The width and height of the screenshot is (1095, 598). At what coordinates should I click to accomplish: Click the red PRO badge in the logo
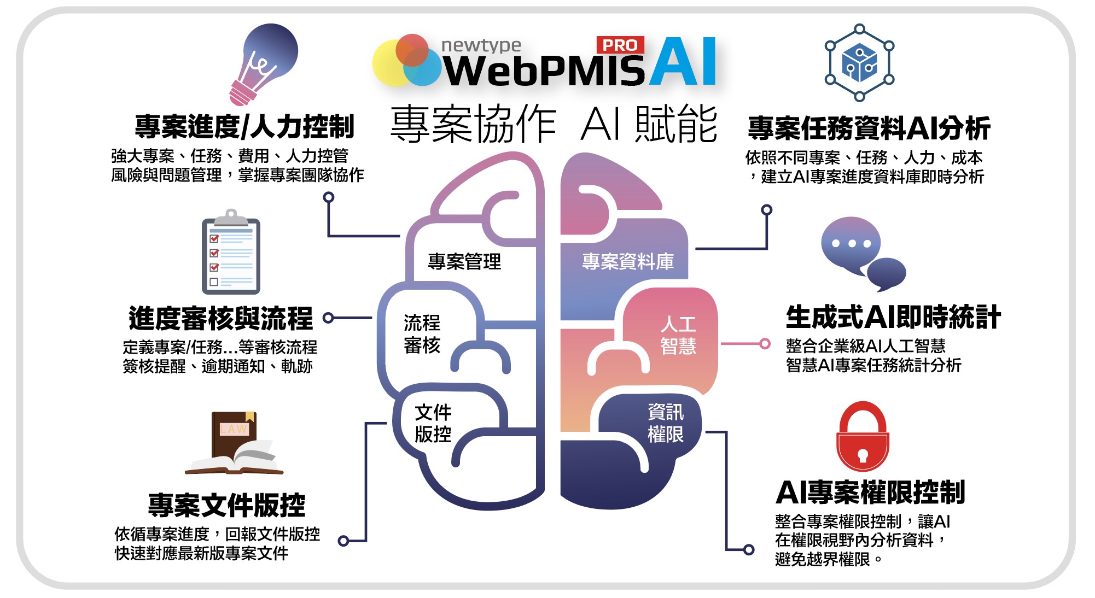coord(620,45)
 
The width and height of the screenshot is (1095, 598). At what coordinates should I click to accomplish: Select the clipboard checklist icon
coord(231,253)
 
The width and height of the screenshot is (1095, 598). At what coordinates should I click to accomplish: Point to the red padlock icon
coord(863,437)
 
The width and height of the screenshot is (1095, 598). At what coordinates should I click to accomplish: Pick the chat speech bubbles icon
coord(862,253)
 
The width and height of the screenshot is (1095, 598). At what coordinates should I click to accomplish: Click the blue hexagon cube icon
coord(859,62)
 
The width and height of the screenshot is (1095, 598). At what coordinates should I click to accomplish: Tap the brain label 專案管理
coord(464,261)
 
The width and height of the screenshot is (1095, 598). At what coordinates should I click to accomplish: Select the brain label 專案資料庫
coord(627,261)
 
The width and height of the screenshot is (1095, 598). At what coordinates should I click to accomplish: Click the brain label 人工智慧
coord(678,335)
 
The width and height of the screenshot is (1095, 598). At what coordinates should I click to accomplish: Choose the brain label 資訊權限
coord(665,423)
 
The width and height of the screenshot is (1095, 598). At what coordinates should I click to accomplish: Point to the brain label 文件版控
coord(433,423)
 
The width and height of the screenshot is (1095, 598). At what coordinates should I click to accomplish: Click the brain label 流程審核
coord(422,334)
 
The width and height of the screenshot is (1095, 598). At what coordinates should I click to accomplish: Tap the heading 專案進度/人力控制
coord(244,127)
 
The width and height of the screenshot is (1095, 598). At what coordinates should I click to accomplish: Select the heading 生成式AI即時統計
coord(893,317)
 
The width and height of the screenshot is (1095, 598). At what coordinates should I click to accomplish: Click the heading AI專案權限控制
coord(870,492)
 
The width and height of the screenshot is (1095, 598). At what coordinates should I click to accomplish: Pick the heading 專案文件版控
coord(226,505)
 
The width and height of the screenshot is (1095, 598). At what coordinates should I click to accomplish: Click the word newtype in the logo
coord(481,45)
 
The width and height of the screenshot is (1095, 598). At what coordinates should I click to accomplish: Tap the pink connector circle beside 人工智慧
coord(765,344)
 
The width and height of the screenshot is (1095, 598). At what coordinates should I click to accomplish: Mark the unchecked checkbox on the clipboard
coord(214,282)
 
